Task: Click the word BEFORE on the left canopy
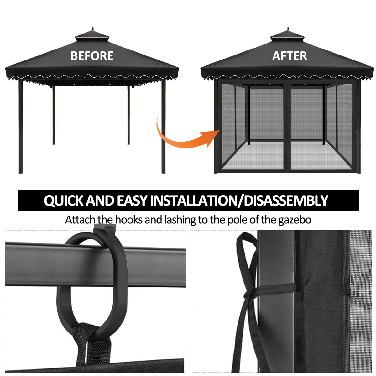(92, 56)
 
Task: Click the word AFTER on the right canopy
(290, 56)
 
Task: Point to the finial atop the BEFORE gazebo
(92, 29)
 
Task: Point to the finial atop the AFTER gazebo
(288, 29)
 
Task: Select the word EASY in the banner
(132, 201)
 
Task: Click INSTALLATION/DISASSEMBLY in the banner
(239, 201)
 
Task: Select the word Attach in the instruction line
(80, 220)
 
